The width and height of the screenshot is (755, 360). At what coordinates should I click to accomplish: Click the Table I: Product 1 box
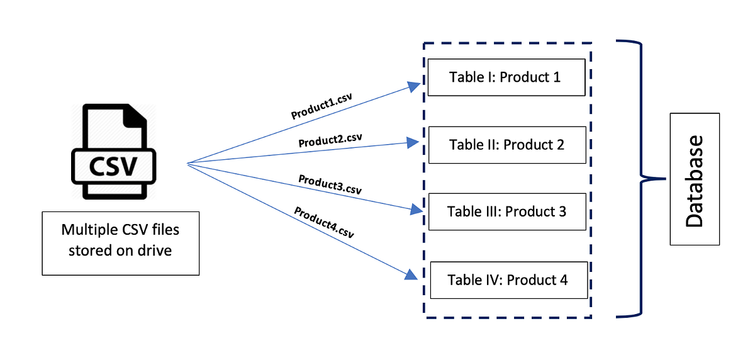pos(506,77)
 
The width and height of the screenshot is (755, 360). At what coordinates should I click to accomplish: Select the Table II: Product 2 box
pos(506,145)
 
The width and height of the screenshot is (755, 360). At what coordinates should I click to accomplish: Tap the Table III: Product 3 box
pos(506,211)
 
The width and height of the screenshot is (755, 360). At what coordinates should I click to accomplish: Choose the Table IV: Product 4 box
pos(508,279)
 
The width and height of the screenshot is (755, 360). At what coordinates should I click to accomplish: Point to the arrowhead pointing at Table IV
pos(410,275)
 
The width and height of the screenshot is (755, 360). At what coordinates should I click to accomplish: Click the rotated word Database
pos(695,180)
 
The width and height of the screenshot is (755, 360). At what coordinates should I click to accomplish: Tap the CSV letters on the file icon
pos(113,167)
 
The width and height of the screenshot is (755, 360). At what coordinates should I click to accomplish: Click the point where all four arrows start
pos(188,164)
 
